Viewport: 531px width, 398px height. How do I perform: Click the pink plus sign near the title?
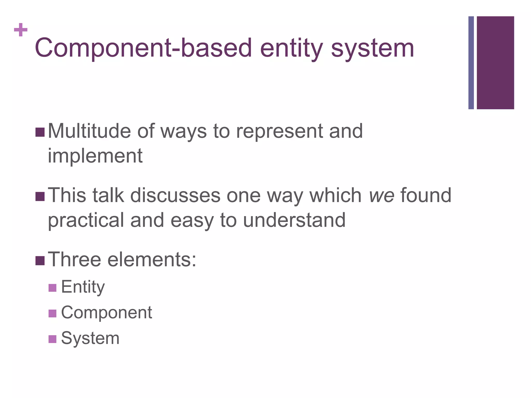click(x=21, y=30)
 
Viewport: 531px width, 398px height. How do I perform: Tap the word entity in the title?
click(x=291, y=48)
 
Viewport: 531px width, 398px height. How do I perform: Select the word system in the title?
click(x=372, y=48)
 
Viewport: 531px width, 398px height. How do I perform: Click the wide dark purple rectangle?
click(x=495, y=62)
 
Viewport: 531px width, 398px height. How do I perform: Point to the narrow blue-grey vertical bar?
click(x=471, y=62)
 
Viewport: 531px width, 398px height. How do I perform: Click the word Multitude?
click(x=89, y=131)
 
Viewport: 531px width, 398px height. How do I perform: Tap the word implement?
click(x=95, y=156)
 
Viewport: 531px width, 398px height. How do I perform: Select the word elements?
click(x=152, y=259)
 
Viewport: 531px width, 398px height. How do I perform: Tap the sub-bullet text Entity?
click(x=83, y=287)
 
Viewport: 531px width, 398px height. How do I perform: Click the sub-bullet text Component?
click(x=106, y=312)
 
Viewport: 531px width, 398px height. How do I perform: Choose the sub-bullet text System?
click(x=90, y=338)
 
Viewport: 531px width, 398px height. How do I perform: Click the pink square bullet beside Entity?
click(x=52, y=288)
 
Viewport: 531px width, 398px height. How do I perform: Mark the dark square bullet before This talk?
click(x=40, y=196)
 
